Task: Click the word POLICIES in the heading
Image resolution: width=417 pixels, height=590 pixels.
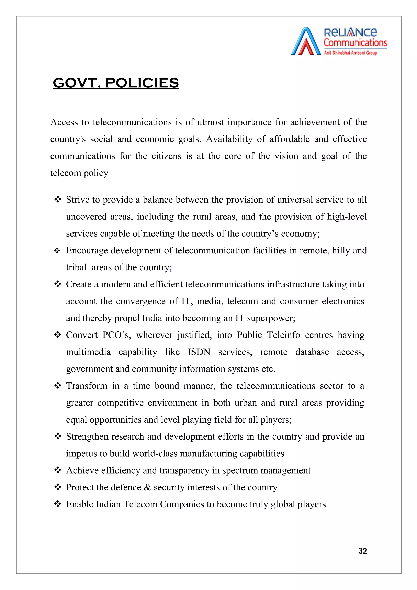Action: click(142, 83)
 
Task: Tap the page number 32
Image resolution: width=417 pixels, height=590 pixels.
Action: click(362, 551)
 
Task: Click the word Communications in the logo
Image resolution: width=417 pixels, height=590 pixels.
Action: click(355, 43)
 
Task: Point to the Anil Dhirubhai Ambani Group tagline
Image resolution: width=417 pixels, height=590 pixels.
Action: click(350, 53)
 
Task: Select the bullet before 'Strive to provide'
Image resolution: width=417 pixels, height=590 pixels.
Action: click(58, 199)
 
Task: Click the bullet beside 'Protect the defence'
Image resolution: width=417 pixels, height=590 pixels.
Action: click(58, 487)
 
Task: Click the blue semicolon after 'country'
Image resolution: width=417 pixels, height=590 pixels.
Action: click(171, 268)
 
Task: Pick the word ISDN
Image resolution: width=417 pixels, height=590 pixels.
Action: click(199, 352)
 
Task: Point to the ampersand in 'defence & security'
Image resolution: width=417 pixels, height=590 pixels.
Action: click(147, 487)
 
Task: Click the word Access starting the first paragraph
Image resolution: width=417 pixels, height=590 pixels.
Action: click(64, 122)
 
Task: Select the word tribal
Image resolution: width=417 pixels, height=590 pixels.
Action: click(76, 268)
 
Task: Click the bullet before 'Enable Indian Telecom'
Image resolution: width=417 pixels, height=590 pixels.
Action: click(58, 504)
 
